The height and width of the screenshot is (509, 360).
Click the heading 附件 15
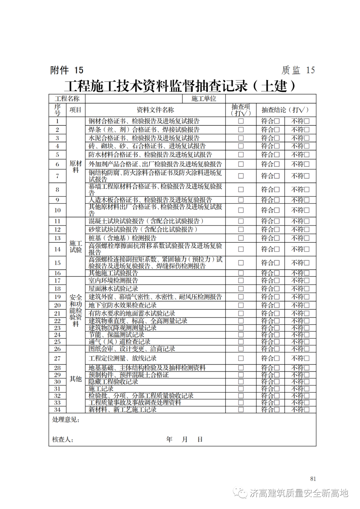(67, 70)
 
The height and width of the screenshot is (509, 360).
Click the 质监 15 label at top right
(298, 70)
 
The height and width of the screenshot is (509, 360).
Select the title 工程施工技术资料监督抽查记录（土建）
(180, 86)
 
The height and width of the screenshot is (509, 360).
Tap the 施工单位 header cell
(204, 99)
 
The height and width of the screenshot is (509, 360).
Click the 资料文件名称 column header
(155, 110)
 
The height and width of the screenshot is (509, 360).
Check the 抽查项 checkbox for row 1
(241, 121)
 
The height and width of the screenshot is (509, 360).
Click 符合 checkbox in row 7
(277, 176)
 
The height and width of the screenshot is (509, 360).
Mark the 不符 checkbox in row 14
(307, 249)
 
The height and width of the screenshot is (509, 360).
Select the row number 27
(57, 358)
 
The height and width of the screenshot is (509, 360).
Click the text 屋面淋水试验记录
(113, 289)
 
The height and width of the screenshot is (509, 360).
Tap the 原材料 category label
(76, 167)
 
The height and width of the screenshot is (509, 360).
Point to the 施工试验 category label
(76, 247)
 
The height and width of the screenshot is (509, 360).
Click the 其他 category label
(76, 379)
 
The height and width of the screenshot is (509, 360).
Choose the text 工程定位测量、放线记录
(122, 358)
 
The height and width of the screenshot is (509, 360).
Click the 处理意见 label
(66, 420)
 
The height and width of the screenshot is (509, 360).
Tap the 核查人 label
(63, 440)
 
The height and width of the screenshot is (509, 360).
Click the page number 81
(313, 479)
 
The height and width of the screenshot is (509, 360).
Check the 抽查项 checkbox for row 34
(241, 410)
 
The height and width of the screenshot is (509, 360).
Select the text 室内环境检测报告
(113, 281)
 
